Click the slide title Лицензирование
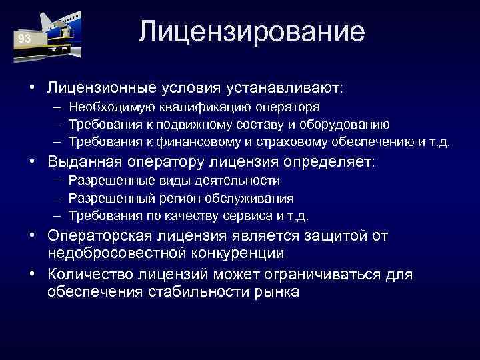[252, 32]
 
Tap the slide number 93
[25, 39]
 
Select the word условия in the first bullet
[191, 87]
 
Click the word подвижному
[192, 124]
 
